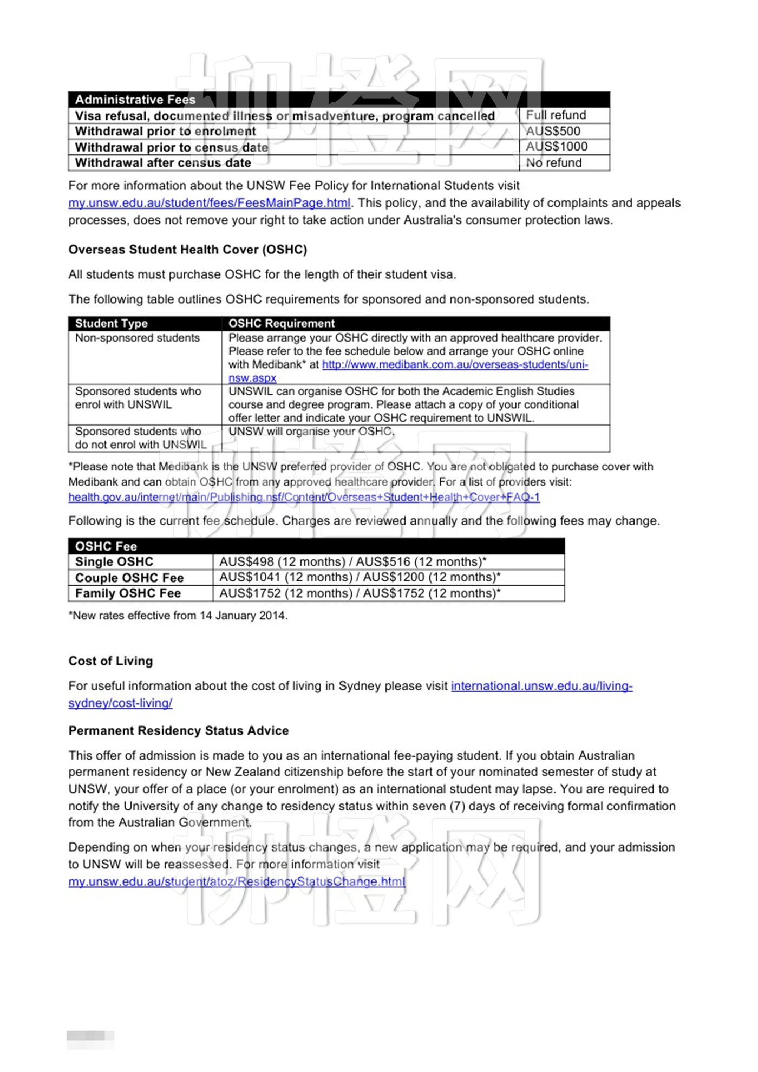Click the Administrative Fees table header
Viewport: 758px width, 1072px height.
pos(135,100)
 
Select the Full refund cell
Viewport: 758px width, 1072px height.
pos(556,115)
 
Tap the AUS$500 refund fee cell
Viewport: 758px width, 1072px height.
pos(553,131)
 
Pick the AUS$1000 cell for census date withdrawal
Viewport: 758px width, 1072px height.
pos(557,147)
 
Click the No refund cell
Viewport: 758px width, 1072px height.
pos(554,163)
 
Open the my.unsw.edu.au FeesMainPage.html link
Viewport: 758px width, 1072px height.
pos(209,203)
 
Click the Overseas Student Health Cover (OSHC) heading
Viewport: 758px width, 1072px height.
pos(187,250)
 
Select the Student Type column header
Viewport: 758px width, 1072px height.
pos(112,323)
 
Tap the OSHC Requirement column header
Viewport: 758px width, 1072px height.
pos(282,323)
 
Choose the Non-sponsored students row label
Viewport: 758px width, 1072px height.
pos(138,338)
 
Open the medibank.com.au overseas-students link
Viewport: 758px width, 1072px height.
pos(455,365)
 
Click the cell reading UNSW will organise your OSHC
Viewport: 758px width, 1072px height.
pos(311,432)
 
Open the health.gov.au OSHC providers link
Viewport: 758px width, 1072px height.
pos(304,497)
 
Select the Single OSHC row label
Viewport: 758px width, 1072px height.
pos(114,561)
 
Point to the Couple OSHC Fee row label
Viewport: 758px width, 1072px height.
pos(129,578)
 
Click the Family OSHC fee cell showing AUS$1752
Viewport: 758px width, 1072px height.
pos(360,593)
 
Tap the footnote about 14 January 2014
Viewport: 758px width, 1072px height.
pos(178,616)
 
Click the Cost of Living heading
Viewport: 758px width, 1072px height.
pos(110,661)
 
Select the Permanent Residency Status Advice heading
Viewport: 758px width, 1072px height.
pos(178,731)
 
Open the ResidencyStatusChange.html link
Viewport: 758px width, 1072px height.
pos(237,881)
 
